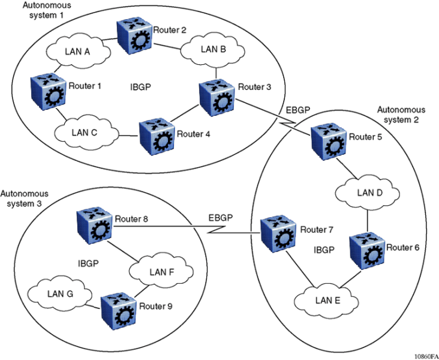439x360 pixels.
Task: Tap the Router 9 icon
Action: point(119,309)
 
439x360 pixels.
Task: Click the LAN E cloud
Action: point(326,299)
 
